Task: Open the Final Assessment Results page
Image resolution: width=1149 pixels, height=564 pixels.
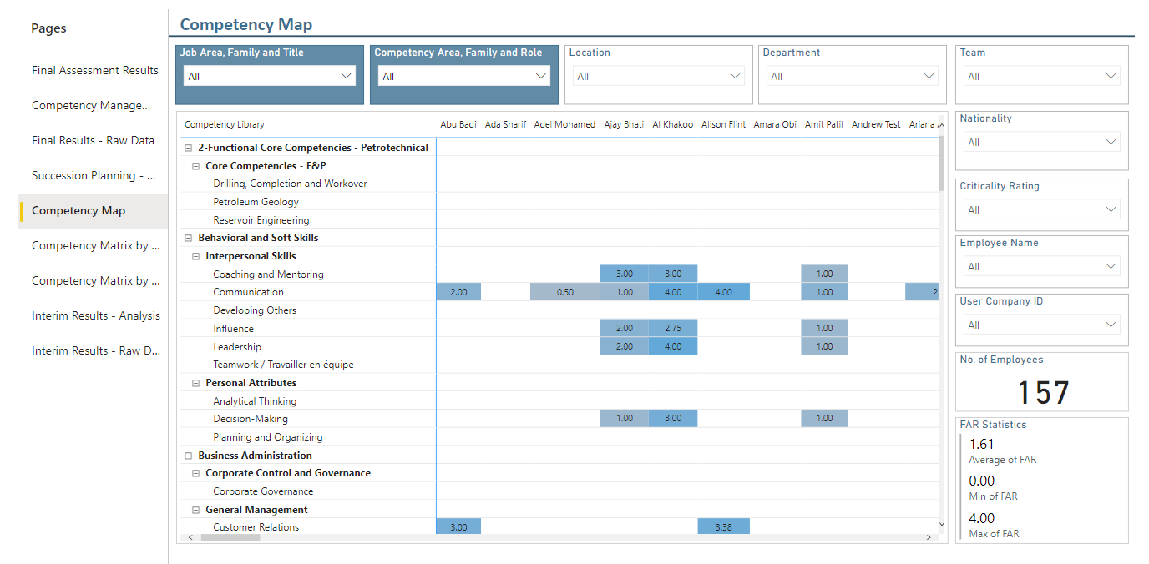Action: (x=95, y=70)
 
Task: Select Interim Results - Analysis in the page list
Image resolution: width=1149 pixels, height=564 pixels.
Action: (x=96, y=315)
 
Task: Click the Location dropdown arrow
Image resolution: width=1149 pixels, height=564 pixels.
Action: (x=735, y=76)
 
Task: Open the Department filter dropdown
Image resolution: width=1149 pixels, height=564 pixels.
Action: (x=852, y=76)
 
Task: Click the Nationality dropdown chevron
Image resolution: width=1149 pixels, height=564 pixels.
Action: (x=1111, y=142)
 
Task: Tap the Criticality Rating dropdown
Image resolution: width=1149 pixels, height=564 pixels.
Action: (x=1042, y=209)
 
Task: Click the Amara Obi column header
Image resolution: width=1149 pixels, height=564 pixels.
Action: (x=775, y=124)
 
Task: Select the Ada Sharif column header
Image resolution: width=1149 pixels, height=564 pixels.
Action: (x=505, y=124)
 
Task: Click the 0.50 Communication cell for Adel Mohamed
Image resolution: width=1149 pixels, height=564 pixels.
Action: (x=564, y=292)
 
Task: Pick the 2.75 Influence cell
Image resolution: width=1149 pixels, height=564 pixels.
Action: (x=673, y=328)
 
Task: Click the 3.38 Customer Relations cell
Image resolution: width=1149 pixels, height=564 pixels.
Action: (x=723, y=526)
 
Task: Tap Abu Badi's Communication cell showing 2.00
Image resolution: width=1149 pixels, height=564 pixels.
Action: (x=458, y=292)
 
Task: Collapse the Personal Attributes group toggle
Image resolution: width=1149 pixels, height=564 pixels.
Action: (x=195, y=383)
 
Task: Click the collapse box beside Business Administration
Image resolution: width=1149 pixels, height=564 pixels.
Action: (x=188, y=456)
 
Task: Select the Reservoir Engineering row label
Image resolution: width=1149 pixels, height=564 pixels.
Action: (x=261, y=220)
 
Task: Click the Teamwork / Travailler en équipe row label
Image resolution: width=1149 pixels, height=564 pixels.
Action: (x=283, y=365)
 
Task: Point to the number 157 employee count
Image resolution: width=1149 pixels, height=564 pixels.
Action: (x=1043, y=392)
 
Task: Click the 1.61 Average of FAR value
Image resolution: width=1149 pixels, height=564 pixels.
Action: (x=981, y=444)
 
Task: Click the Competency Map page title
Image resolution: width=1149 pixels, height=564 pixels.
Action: (x=246, y=24)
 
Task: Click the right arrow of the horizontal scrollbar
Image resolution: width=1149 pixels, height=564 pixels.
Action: (x=929, y=537)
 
